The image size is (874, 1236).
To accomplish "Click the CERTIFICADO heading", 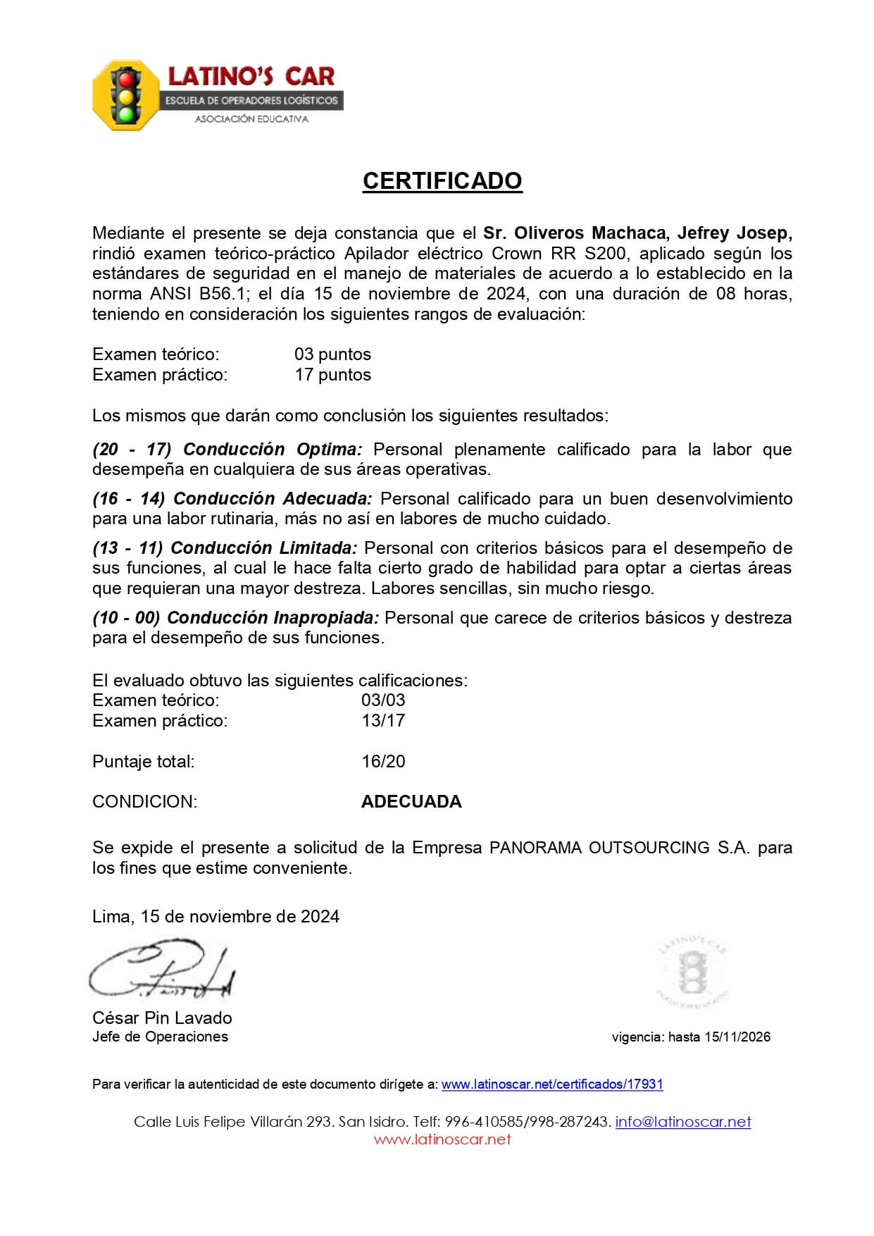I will tap(442, 181).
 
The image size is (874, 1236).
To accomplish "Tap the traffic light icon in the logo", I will tap(126, 95).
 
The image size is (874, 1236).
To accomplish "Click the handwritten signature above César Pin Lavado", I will tap(161, 970).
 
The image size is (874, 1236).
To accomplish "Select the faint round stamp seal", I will tap(691, 972).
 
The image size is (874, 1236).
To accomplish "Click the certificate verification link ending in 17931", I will tap(552, 1084).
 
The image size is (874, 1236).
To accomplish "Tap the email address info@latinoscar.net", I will tap(682, 1122).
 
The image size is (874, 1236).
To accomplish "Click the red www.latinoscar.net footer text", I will tap(442, 1139).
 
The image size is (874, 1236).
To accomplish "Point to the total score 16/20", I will tap(383, 761).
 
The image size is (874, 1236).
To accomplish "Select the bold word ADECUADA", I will tap(411, 801).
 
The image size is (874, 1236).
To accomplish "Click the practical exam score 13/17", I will tap(383, 720).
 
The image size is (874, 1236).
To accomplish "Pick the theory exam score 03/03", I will tap(383, 700).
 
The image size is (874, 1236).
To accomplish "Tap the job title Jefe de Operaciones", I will tap(160, 1037).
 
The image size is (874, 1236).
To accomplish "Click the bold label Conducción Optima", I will tap(273, 449).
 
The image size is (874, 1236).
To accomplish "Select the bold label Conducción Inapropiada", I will tap(273, 617).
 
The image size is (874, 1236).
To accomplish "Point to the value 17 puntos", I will tap(332, 374).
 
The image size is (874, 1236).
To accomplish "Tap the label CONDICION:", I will tap(144, 801).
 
